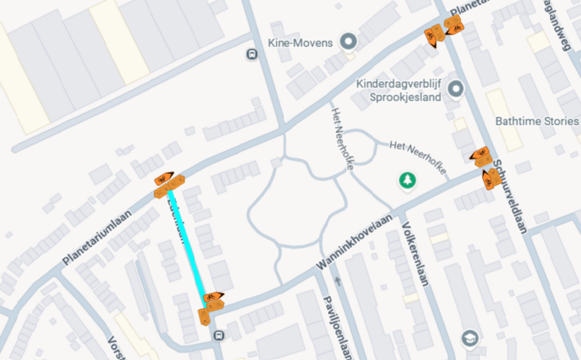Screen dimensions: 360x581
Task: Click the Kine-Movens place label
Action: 300,43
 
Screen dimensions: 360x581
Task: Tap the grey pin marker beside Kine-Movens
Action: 349,43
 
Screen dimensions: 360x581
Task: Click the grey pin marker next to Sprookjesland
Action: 457,88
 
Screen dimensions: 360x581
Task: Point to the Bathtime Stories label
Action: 536,121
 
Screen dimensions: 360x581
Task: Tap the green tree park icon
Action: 407,181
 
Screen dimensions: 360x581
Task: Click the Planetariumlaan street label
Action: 97,237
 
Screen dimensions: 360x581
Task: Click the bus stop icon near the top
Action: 251,55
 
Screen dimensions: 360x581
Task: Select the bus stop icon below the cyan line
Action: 219,335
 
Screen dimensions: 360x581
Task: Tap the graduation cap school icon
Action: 469,337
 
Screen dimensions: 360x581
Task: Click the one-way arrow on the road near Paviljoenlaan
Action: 338,281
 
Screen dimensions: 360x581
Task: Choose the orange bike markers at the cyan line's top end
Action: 168,185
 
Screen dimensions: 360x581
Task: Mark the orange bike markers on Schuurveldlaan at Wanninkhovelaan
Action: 484,166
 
